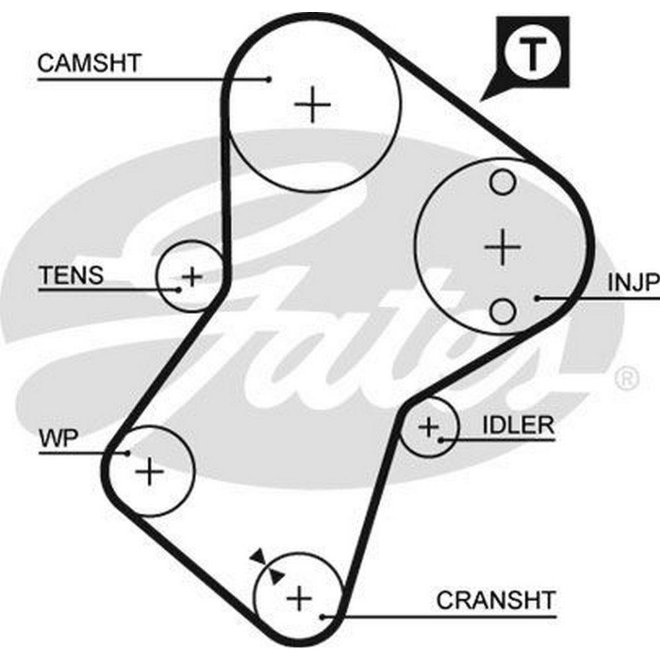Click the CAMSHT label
[89, 63]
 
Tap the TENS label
[71, 275]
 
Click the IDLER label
[518, 425]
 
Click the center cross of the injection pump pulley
[502, 247]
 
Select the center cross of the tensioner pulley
[192, 276]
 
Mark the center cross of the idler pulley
[429, 428]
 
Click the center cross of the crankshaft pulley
[299, 598]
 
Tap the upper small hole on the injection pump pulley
[503, 182]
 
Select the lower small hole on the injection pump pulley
[503, 310]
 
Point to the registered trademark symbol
[626, 378]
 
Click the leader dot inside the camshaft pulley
[269, 79]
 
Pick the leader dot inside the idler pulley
[440, 438]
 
